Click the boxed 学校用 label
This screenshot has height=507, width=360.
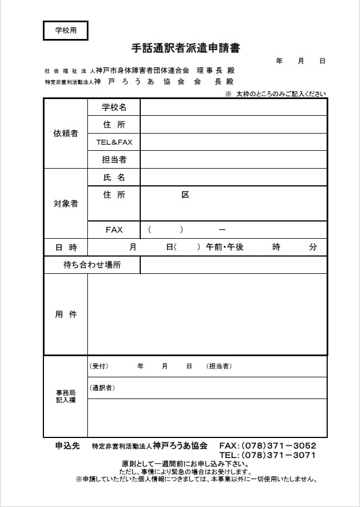[x=66, y=31]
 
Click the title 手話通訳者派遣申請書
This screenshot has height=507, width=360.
[x=186, y=48]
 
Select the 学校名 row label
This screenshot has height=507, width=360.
[x=114, y=107]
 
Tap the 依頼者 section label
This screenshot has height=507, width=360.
[x=66, y=134]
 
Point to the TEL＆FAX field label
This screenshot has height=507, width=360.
[x=114, y=142]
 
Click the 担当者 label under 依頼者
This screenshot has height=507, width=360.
[x=114, y=160]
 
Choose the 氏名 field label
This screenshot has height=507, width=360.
[x=114, y=178]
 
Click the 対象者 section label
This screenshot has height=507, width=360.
[x=66, y=203]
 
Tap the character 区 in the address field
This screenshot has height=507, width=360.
[x=185, y=195]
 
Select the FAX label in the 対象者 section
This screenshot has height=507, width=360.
[x=114, y=229]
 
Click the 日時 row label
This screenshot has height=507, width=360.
[x=66, y=247]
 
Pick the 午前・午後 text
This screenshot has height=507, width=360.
[x=225, y=247]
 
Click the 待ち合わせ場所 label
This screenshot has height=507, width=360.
[x=92, y=265]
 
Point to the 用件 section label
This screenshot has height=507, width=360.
[x=66, y=314]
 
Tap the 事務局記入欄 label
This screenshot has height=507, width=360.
[x=66, y=396]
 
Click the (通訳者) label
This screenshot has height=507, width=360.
[x=102, y=387]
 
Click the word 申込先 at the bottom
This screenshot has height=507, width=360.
[x=68, y=446]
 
